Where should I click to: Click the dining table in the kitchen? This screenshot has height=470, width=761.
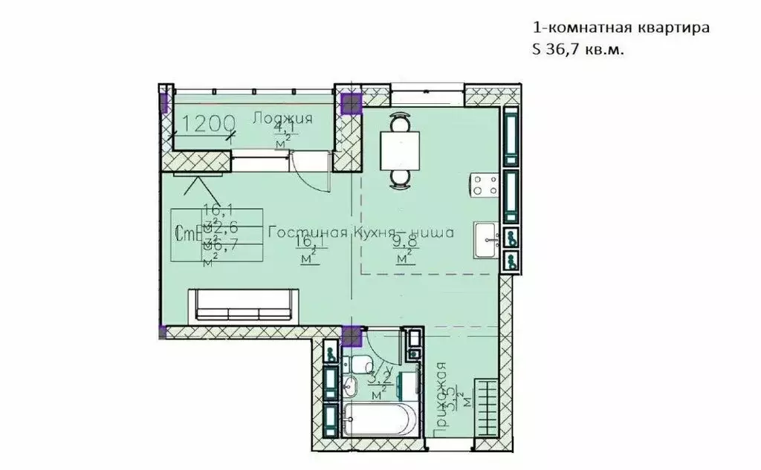click(399, 148)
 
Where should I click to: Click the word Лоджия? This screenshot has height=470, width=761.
click(282, 117)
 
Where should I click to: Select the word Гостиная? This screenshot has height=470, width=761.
click(308, 233)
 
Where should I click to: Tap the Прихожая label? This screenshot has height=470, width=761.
click(441, 398)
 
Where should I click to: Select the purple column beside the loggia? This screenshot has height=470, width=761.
click(349, 104)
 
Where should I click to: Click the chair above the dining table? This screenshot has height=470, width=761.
click(400, 120)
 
